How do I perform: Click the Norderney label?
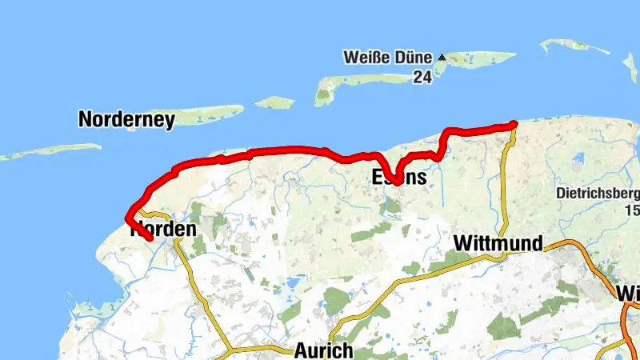point(126,120)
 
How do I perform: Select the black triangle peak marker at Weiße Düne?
point(441,58)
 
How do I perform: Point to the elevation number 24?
point(422,77)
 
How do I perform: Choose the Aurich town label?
point(323,350)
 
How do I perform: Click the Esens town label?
point(399,177)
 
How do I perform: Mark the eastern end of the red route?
point(513,123)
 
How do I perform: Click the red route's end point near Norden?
point(150,238)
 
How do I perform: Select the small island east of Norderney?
point(274,102)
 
